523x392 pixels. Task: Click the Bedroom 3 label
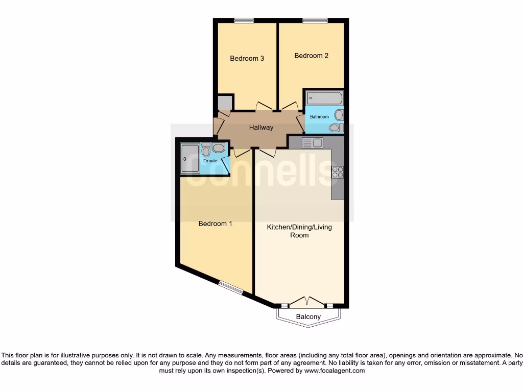pos(247,58)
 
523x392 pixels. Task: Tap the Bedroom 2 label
pos(311,56)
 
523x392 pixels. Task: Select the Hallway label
pos(261,128)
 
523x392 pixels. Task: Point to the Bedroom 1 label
pos(216,224)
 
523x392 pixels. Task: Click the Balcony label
pos(308,317)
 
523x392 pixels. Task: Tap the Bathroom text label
pos(319,117)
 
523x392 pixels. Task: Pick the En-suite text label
pos(210,161)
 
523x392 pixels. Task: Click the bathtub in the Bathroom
pos(325,98)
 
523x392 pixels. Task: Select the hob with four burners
pos(338,172)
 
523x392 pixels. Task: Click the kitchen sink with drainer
pos(312,143)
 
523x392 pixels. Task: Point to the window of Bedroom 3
pos(244,21)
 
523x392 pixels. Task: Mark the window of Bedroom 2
pos(311,21)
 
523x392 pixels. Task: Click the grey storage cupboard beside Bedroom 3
pos(224,103)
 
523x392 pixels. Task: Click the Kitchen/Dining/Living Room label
pos(299,231)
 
